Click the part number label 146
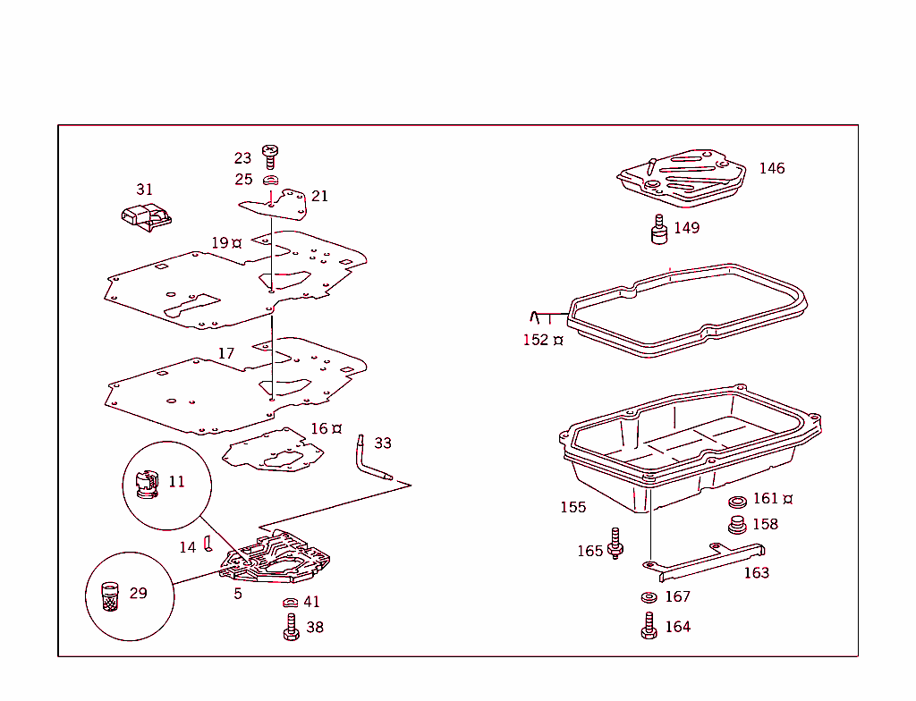click(x=771, y=168)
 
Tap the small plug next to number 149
click(x=659, y=230)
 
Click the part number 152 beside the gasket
click(x=536, y=340)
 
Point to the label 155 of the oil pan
click(x=572, y=507)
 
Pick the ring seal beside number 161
click(x=739, y=502)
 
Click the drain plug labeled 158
click(x=738, y=525)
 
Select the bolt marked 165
click(x=615, y=544)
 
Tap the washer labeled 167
click(x=649, y=597)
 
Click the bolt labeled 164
click(x=649, y=626)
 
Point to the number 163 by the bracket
click(x=756, y=572)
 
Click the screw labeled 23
click(x=269, y=156)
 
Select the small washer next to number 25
click(x=271, y=180)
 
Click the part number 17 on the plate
click(x=226, y=353)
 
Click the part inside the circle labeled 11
click(x=144, y=484)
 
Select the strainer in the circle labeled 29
click(x=110, y=596)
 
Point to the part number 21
click(x=319, y=196)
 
